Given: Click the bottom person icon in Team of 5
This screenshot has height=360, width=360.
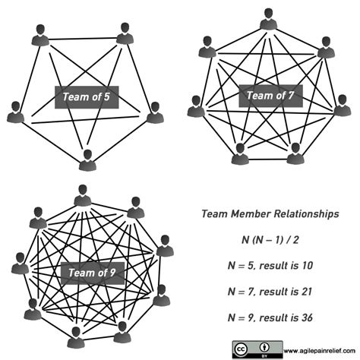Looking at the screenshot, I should pos(89,158).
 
